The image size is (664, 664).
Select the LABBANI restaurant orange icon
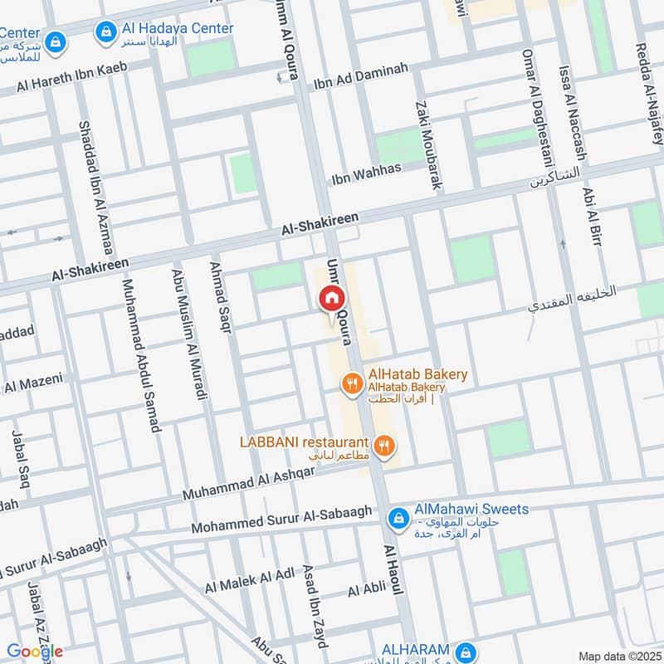[383, 447]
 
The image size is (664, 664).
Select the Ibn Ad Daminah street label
[361, 76]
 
